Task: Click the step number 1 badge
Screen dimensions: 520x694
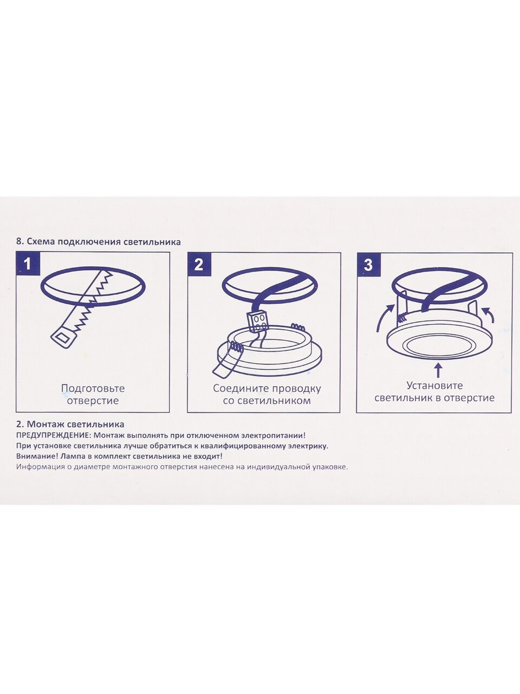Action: point(28,264)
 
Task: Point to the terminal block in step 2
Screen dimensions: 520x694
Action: point(258,322)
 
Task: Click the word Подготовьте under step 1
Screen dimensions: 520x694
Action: point(93,389)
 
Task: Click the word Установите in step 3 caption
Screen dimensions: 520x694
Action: point(434,385)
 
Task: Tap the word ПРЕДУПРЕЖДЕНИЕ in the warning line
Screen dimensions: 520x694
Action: point(54,435)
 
